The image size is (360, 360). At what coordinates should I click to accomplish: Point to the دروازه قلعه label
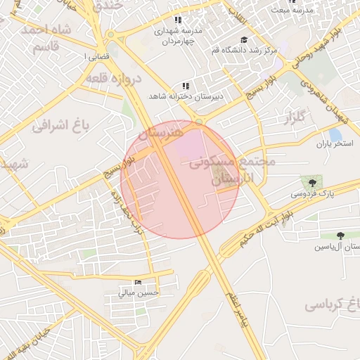click(x=114, y=79)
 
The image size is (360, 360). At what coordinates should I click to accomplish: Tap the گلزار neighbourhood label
click(x=297, y=117)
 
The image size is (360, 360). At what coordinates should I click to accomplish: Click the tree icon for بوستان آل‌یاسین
click(x=341, y=236)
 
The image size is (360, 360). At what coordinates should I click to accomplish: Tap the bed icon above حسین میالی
click(x=138, y=283)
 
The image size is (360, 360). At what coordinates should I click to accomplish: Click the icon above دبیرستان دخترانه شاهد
click(x=186, y=86)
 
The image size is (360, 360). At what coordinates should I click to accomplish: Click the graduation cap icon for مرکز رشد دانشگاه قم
click(x=244, y=40)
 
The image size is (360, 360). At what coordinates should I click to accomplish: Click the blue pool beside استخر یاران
click(x=335, y=134)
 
